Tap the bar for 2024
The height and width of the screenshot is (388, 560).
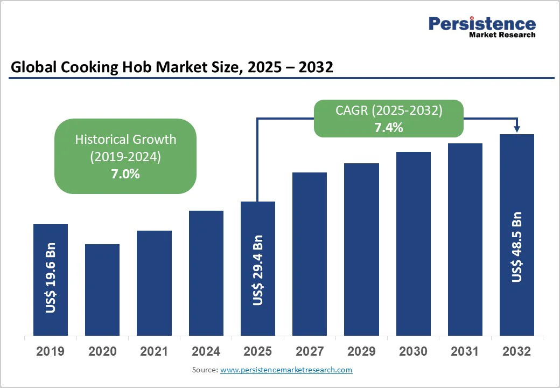point(206,273)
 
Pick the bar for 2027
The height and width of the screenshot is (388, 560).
point(310,254)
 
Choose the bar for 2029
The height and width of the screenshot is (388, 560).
point(361,250)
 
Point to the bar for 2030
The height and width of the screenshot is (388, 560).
point(414,244)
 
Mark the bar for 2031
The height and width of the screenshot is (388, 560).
point(465,239)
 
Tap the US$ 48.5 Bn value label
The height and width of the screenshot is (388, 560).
point(517,247)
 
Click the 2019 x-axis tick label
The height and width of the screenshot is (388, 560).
point(50,351)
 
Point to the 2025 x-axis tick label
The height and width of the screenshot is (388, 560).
point(258,351)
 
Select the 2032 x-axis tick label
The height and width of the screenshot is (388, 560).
point(517,351)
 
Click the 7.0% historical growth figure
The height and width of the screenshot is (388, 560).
point(125,174)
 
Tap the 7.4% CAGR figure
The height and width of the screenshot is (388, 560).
point(389,128)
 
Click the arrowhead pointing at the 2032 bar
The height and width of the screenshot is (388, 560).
point(517,129)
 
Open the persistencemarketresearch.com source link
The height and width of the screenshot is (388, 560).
point(286,370)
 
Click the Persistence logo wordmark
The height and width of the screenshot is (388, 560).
point(482,24)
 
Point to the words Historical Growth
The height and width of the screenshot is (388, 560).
point(125,139)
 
